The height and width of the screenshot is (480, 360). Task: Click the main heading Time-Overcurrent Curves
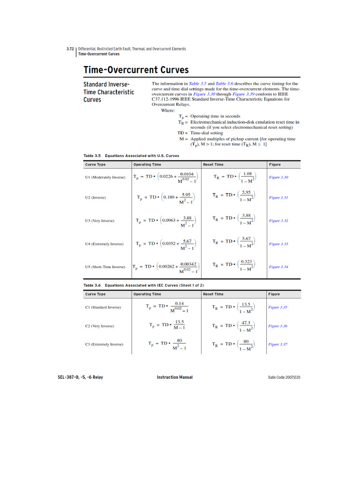tap(136, 70)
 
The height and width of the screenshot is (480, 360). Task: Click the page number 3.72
tap(70, 49)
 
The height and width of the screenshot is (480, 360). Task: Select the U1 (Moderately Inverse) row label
tap(105, 178)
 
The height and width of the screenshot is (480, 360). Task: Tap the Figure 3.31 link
tap(278, 198)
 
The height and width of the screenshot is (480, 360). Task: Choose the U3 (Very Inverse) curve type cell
tap(99, 221)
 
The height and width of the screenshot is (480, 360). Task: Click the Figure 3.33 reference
tap(278, 244)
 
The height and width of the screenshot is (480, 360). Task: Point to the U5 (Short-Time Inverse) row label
tap(105, 267)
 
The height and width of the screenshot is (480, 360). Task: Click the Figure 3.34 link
tap(278, 267)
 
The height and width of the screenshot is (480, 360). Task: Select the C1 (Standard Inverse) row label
tap(103, 307)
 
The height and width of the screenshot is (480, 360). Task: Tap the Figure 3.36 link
tap(277, 326)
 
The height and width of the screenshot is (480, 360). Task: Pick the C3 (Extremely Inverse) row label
tap(104, 345)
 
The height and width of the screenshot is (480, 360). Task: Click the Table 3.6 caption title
tap(143, 285)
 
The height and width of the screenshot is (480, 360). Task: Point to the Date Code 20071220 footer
tap(284, 377)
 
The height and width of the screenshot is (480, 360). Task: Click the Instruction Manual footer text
tap(174, 377)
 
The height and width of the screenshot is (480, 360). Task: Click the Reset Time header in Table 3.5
tap(213, 165)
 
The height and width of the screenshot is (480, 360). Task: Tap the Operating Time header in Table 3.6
tap(147, 294)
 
